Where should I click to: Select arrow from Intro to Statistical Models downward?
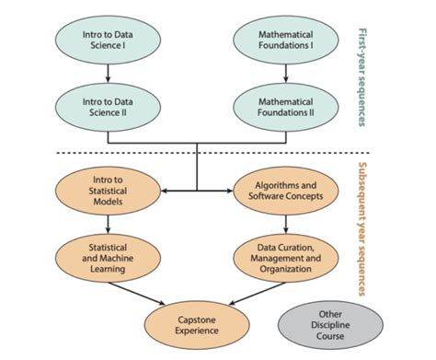point(109,223)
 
